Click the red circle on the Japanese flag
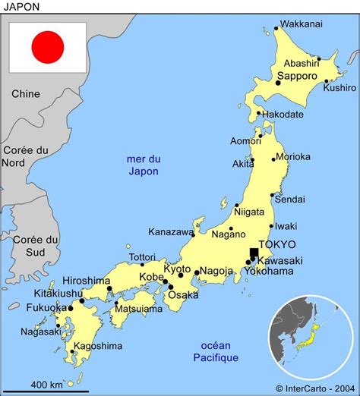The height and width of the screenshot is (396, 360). [x=47, y=47]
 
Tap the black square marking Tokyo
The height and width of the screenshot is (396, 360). [x=254, y=254]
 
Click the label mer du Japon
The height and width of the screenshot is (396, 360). [x=144, y=165]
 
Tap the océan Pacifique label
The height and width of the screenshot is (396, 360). [x=216, y=351]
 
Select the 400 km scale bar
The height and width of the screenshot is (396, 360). [x=45, y=390]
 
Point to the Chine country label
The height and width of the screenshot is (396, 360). [x=25, y=93]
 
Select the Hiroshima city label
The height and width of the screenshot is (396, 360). [x=86, y=281]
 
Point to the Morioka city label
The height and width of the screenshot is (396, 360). [x=292, y=157]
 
